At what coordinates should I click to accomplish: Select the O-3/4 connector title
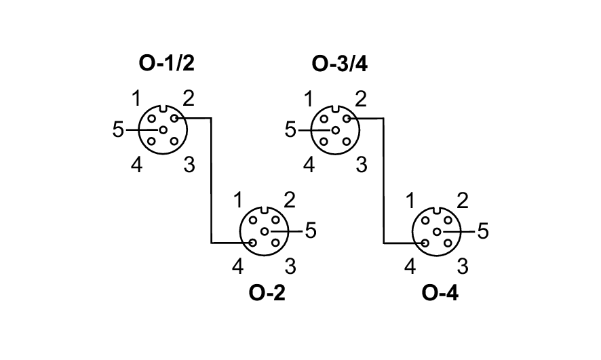pos(339,64)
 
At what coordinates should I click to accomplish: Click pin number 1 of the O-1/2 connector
pos(136,99)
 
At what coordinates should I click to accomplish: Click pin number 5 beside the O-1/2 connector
pos(119,129)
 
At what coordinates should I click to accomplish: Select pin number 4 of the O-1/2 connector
pos(136,165)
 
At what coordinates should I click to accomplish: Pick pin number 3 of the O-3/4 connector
pos(362,165)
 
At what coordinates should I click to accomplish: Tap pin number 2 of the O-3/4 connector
pos(361,99)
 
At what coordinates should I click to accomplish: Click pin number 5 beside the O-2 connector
pos(311,231)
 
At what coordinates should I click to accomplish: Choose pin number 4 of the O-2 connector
pos(237,266)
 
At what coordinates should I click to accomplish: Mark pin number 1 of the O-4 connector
pos(410,201)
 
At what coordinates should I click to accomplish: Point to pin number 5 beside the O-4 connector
pos(483,231)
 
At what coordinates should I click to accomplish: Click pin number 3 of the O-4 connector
pos(463,266)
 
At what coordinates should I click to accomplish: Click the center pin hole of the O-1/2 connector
pos(163,129)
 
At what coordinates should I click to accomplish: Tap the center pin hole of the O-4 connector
pos(437,232)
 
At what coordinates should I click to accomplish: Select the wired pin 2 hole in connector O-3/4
pos(347,119)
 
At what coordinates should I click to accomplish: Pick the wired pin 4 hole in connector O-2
pos(252,243)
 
